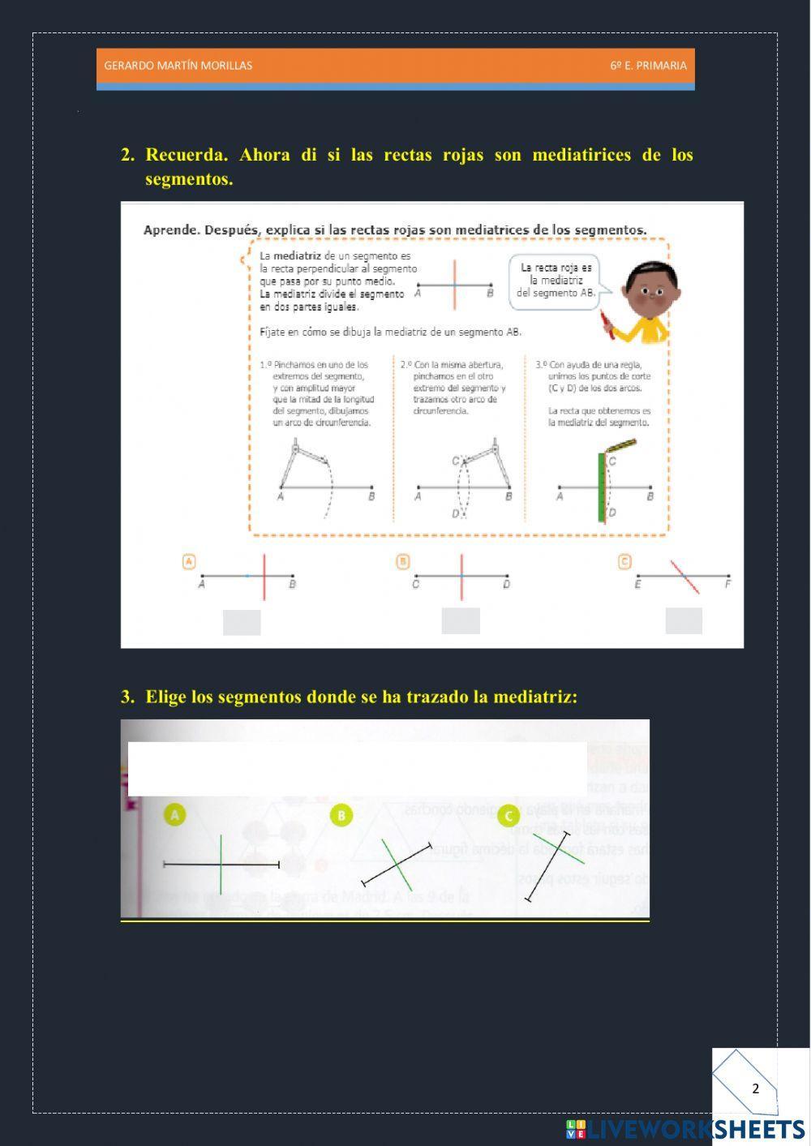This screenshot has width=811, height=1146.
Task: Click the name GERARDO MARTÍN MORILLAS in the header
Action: coord(178,66)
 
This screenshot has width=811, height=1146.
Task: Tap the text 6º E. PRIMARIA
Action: coord(648,66)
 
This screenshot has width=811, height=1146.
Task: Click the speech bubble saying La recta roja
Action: coord(556,280)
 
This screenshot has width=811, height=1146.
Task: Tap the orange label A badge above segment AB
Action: coord(189,561)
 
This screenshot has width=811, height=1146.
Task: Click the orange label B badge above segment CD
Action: coord(403,561)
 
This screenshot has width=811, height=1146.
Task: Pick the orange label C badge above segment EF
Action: coord(624,561)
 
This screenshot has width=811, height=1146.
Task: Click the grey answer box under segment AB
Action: coord(242,622)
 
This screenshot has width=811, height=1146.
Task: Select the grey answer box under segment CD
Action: coord(461,620)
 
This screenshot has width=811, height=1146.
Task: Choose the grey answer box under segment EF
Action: coord(684,620)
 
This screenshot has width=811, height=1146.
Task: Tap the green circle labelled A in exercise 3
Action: coord(174,814)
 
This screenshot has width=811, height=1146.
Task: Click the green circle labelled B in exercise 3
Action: coord(341,816)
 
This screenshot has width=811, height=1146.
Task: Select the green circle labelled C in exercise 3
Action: coord(508,816)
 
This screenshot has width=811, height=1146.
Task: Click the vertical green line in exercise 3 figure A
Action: coord(221,864)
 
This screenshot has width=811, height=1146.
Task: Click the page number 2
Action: coord(755,1088)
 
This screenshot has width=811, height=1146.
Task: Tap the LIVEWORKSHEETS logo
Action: coord(685,1129)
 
